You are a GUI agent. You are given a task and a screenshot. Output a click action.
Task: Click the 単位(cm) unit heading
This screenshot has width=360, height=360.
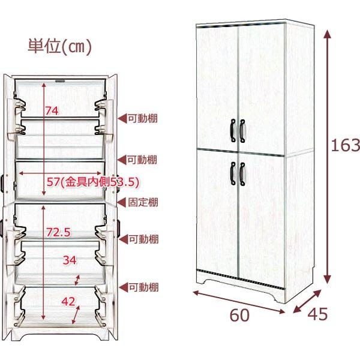(59, 47)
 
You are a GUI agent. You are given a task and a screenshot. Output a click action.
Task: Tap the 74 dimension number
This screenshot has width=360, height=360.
(52, 110)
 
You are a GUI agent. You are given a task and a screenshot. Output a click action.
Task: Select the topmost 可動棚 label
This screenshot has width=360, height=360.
(143, 118)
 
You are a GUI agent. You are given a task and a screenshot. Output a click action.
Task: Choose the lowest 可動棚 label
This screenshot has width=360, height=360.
(143, 288)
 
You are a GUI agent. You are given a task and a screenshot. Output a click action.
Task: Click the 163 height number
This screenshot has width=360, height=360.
(346, 145)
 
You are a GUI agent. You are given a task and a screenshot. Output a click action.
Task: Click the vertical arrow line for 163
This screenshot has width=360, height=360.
(327, 156)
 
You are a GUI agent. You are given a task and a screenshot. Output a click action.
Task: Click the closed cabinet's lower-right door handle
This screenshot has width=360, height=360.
(242, 173)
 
